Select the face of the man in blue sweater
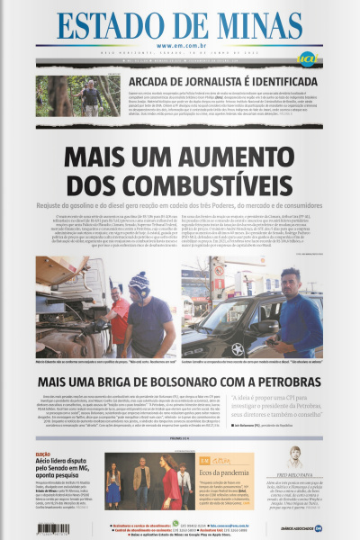point(288,284)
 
